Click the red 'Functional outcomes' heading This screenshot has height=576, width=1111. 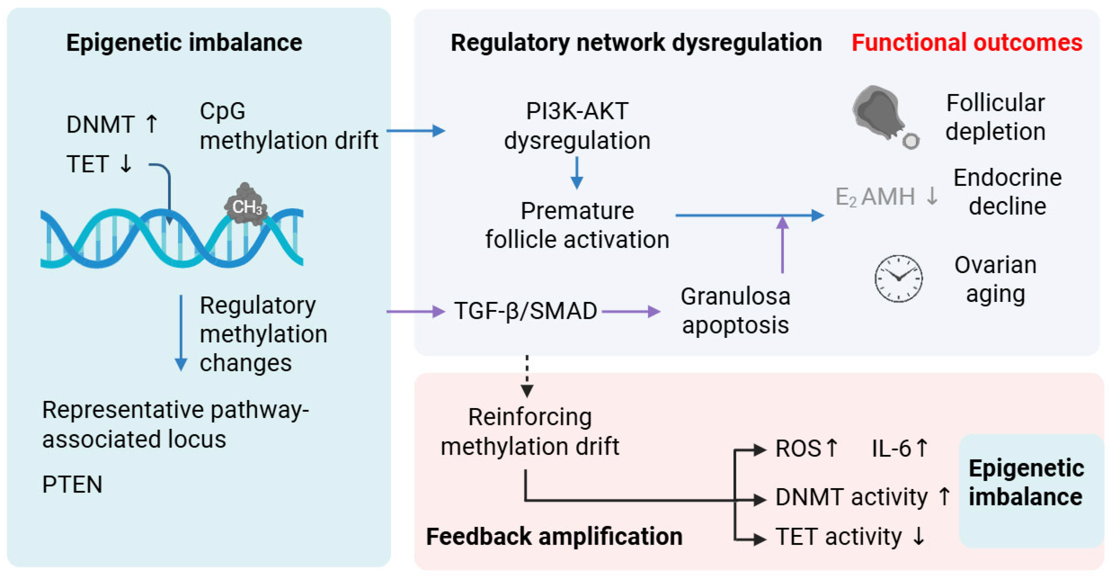(967, 42)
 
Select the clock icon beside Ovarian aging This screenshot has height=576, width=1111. (898, 278)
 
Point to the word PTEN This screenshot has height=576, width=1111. (72, 484)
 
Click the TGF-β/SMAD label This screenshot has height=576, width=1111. (526, 311)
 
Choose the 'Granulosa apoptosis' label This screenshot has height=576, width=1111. (735, 311)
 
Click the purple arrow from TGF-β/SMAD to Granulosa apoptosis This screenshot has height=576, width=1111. (631, 311)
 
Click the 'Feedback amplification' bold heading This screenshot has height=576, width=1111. (554, 536)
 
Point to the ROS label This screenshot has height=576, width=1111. (798, 448)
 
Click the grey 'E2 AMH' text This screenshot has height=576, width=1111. (875, 197)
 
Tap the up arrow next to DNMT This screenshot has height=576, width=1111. (151, 124)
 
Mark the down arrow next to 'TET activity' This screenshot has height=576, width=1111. (919, 536)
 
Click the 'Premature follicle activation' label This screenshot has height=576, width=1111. (578, 225)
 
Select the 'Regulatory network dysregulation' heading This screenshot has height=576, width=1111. (636, 42)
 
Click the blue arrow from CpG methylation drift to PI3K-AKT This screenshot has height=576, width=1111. (416, 130)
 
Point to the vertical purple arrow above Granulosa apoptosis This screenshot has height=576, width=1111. (782, 245)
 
